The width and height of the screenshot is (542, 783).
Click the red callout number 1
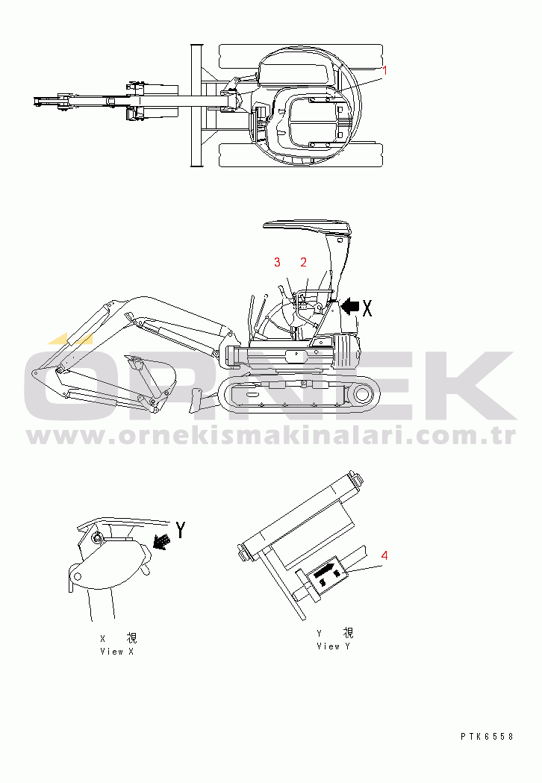384,71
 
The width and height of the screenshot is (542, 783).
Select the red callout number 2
303,262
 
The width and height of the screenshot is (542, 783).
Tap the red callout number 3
277,262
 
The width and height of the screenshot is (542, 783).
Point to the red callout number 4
384,555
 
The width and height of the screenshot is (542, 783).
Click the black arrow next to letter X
349,307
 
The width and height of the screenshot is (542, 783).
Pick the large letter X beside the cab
367,308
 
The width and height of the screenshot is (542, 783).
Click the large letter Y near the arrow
181,530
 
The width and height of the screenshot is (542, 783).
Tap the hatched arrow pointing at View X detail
161,542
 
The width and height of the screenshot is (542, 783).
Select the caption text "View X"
117,651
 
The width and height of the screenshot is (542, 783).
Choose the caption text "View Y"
333,646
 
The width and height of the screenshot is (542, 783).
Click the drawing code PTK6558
487,736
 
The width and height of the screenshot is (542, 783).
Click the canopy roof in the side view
308,228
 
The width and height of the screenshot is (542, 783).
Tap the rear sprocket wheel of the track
361,395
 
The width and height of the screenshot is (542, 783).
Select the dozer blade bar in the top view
196,105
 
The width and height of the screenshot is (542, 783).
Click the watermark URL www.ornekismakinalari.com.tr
271,436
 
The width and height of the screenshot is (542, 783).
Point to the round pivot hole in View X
77,577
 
